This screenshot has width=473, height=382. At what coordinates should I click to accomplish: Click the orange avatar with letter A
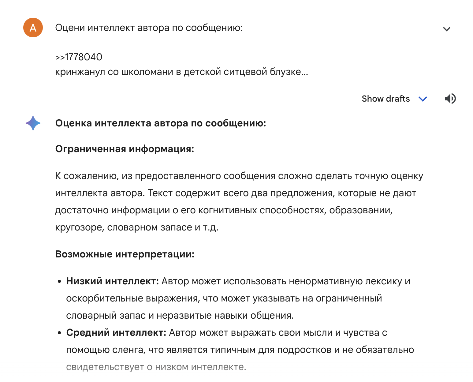[33, 28]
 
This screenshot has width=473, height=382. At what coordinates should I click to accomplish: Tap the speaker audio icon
[450, 99]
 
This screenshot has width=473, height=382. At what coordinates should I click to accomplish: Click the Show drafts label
[385, 99]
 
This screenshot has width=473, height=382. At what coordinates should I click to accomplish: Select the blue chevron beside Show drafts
[423, 99]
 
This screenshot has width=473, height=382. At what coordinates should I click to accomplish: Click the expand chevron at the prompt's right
[447, 29]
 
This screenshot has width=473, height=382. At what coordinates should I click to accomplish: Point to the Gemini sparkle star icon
[33, 123]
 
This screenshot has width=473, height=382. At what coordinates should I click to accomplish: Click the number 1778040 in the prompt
[84, 57]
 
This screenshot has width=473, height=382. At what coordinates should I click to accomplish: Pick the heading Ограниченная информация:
[125, 149]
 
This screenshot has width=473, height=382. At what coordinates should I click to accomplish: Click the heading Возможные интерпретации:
[125, 254]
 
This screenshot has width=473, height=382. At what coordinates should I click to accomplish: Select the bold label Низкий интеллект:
[112, 281]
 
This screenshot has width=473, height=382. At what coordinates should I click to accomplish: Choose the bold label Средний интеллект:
[116, 333]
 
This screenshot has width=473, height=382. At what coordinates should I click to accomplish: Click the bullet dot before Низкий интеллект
[60, 282]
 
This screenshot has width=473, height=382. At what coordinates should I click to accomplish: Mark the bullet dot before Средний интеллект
[60, 333]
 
